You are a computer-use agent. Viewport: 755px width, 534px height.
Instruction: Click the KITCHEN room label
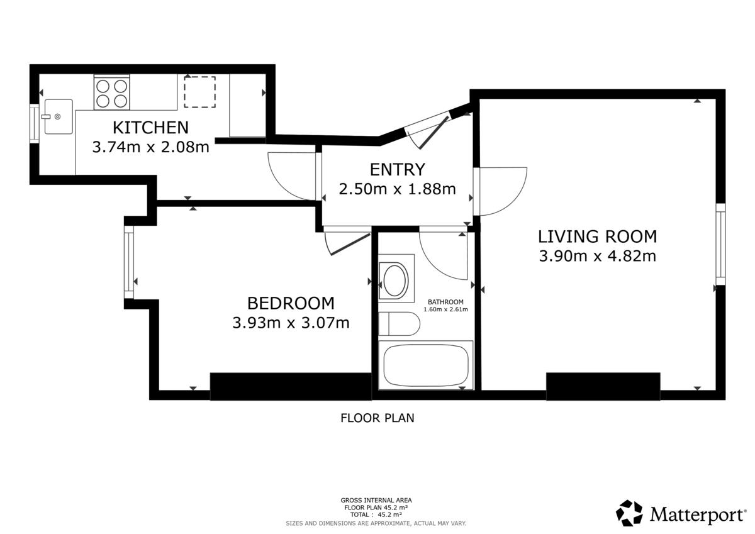150,127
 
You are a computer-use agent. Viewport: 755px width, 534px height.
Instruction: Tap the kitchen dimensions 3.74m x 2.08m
150,147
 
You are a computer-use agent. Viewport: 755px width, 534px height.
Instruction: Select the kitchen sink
59,116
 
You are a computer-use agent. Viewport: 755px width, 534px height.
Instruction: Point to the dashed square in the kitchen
200,92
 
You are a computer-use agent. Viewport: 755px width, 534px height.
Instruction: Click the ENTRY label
398,169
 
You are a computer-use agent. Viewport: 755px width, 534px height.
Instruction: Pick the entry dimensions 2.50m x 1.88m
398,189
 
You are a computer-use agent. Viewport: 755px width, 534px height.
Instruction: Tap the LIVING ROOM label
597,236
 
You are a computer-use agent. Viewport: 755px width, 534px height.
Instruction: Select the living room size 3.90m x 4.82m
597,256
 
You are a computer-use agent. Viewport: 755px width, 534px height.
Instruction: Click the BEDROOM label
291,303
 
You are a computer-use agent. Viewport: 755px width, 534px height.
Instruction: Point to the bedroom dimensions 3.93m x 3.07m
291,323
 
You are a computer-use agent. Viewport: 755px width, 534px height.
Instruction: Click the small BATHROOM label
445,302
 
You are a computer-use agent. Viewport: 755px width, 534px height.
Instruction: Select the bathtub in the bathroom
426,365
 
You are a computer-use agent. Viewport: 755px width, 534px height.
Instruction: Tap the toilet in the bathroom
399,324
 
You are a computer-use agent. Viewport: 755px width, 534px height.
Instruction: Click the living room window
720,244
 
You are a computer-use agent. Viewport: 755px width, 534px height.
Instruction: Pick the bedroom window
129,262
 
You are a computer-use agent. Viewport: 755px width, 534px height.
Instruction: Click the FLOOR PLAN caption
377,418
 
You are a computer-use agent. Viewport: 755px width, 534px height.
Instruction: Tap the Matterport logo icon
629,513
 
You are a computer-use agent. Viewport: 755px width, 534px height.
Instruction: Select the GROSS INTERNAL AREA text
376,500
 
